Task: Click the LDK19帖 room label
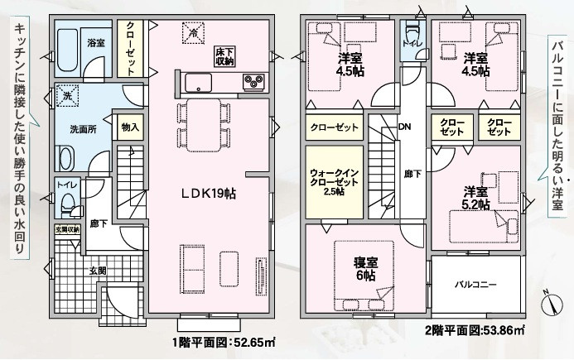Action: (209, 193)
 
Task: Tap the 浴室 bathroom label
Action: (96, 43)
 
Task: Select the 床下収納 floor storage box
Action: (224, 56)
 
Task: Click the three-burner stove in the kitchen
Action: (253, 82)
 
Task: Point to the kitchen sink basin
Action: (198, 83)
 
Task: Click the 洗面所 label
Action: (83, 129)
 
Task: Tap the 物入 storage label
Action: (130, 127)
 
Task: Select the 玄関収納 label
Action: (67, 230)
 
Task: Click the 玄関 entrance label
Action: (98, 271)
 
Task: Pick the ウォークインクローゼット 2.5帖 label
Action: (335, 182)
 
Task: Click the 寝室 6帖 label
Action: (365, 269)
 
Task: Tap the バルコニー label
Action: (475, 284)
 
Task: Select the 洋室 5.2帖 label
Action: (476, 198)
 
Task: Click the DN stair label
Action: (404, 127)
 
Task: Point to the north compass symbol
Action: (552, 303)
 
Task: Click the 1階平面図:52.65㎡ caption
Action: (224, 343)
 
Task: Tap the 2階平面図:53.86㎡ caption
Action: (475, 330)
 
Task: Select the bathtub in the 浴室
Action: (67, 50)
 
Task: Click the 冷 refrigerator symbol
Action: (193, 32)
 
